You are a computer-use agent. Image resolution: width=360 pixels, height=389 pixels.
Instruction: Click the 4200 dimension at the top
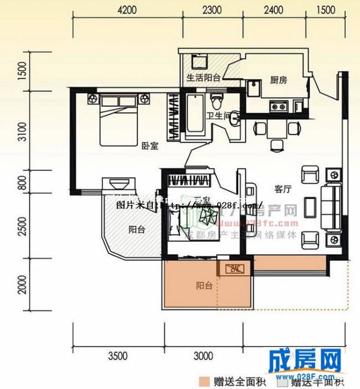coord(127,9)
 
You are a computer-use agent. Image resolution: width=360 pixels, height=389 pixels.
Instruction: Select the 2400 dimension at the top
coord(273,9)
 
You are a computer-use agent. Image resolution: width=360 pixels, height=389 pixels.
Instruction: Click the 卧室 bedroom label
coord(150,146)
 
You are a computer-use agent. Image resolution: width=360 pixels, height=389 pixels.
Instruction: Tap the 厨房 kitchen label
coord(279,80)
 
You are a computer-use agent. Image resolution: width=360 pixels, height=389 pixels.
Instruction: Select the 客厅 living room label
coord(283,189)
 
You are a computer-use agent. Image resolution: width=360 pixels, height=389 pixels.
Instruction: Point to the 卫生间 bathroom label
coord(218,116)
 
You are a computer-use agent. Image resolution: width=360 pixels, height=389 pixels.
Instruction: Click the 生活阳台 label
coord(204,77)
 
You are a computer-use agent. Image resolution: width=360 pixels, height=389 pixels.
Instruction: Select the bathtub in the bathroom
coord(194,115)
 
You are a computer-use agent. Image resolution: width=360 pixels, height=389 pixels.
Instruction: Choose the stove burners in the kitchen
coord(277,105)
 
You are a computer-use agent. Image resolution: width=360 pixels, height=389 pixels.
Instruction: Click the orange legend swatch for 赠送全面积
coord(205,381)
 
